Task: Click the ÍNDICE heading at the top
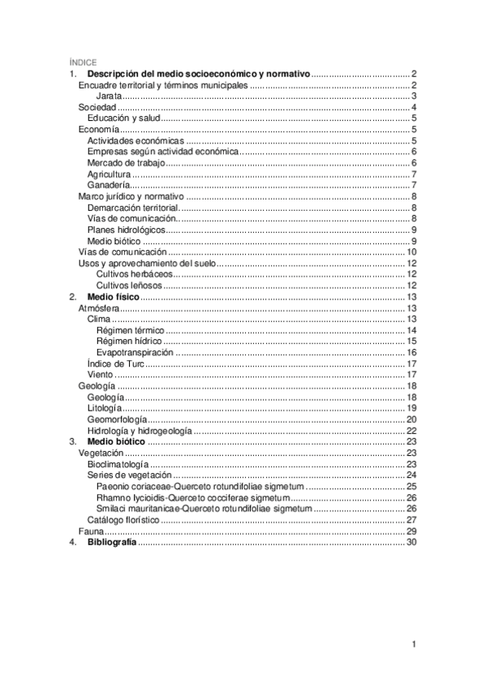tap(83, 62)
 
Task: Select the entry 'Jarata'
tap(110, 96)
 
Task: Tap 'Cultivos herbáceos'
tap(134, 274)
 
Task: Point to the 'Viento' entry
tap(100, 375)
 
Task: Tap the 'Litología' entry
tap(105, 408)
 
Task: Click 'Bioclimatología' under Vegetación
tap(118, 464)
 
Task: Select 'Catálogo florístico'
tap(123, 519)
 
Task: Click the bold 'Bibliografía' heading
tap(112, 542)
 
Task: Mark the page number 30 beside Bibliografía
tap(411, 542)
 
